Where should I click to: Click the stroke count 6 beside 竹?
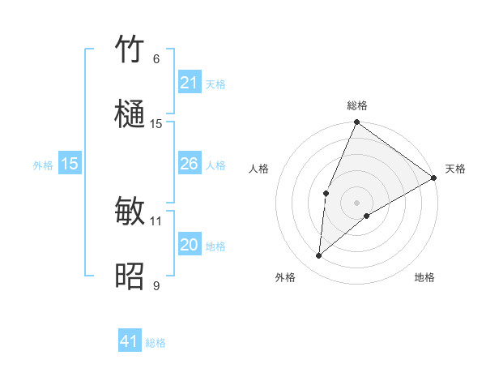(x=156, y=58)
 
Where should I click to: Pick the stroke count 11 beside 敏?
(x=156, y=220)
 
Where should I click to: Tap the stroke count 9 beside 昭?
(x=156, y=285)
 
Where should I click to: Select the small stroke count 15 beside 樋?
(x=156, y=123)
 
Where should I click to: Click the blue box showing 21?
(x=189, y=83)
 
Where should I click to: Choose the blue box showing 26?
(x=189, y=164)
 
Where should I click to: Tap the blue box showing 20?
(x=189, y=245)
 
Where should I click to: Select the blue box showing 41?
(x=130, y=341)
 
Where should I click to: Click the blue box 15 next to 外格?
(x=70, y=164)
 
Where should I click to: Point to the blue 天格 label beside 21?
(x=215, y=83)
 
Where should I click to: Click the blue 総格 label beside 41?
(x=156, y=343)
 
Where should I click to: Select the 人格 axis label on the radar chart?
(x=259, y=169)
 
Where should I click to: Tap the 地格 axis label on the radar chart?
(x=424, y=278)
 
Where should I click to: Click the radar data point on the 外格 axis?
(x=318, y=256)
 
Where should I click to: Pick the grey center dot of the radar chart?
(x=356, y=202)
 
